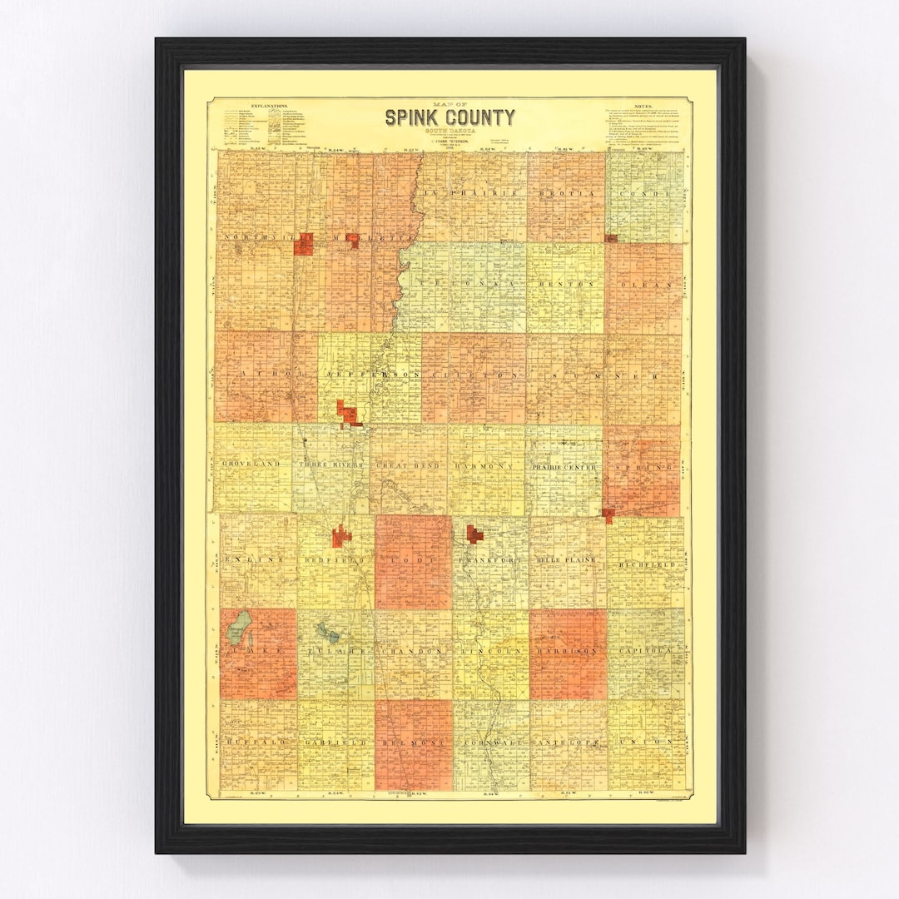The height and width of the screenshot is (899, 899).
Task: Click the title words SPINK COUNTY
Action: [449, 117]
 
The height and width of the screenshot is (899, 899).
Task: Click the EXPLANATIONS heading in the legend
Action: [266, 107]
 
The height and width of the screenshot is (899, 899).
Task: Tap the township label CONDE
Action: [644, 194]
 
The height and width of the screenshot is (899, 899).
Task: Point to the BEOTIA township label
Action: [566, 193]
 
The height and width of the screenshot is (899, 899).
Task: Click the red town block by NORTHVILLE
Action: [304, 243]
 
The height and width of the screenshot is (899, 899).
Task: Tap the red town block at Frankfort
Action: [474, 534]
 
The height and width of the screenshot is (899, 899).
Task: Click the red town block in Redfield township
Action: [341, 537]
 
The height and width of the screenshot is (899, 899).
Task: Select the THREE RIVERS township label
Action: [332, 464]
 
